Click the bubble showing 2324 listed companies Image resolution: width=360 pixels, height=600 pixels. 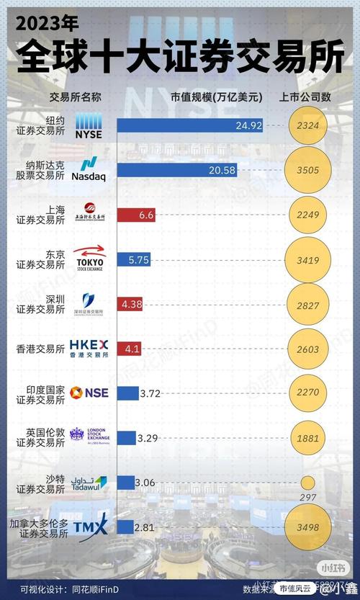click(307, 125)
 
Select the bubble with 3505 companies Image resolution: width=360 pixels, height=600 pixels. click(307, 170)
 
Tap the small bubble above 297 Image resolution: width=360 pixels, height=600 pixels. click(307, 482)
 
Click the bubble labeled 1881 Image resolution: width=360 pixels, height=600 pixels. click(307, 437)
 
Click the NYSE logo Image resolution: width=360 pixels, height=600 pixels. click(89, 125)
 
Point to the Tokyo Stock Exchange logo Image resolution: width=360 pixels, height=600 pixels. click(90, 259)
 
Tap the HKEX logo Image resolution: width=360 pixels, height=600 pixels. click(89, 348)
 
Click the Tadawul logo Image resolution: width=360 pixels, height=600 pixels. click(90, 483)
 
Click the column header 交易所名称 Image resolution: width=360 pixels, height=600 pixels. click(75, 96)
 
